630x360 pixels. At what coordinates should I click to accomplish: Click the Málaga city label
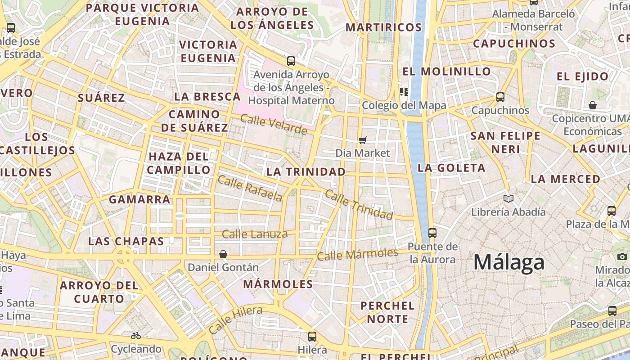(x=509, y=262)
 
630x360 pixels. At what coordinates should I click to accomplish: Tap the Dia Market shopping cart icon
(x=363, y=140)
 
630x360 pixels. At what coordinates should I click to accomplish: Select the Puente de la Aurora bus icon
(x=432, y=233)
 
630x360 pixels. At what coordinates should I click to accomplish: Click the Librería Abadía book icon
(x=508, y=198)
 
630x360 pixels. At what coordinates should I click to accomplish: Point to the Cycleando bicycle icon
(x=136, y=336)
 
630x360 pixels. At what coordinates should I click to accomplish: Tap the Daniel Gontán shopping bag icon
(x=223, y=254)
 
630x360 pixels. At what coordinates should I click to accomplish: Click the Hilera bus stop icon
(x=312, y=336)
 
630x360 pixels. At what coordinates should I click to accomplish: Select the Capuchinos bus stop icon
(x=500, y=97)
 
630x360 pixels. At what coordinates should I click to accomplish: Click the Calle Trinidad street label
(x=359, y=204)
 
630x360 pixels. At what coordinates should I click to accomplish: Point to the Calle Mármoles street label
(x=358, y=254)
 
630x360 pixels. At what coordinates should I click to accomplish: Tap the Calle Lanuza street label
(x=255, y=234)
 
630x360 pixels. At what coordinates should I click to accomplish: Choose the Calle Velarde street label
(x=274, y=125)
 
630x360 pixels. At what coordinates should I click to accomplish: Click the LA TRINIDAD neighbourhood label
(x=306, y=171)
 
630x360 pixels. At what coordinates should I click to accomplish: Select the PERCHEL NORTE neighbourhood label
(x=387, y=312)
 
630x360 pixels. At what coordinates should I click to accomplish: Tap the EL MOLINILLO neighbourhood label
(x=446, y=72)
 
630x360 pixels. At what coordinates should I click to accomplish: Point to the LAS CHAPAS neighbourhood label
(x=126, y=241)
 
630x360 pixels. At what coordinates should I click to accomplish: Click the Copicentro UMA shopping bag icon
(x=593, y=105)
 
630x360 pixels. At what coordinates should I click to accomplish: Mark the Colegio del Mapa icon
(x=404, y=92)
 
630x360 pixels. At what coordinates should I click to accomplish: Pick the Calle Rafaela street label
(x=250, y=188)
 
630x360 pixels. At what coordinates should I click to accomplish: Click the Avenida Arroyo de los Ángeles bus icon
(x=291, y=61)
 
